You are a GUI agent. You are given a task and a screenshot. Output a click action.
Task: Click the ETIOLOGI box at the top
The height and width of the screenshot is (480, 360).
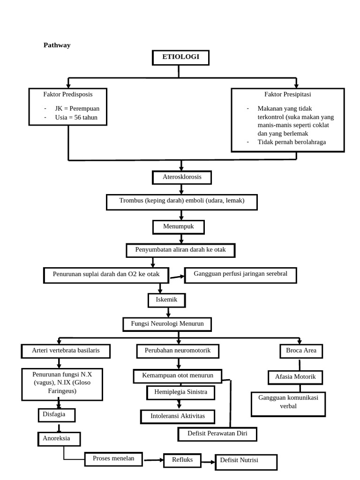pyautogui.click(x=180, y=57)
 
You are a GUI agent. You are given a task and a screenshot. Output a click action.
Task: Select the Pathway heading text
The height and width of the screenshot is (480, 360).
pyautogui.click(x=57, y=45)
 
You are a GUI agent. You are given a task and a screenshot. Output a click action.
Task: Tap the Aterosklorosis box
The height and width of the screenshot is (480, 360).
pyautogui.click(x=181, y=178)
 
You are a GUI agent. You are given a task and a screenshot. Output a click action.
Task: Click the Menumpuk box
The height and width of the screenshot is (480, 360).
pyautogui.click(x=179, y=227)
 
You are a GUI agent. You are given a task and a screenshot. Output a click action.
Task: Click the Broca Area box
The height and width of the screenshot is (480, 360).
pyautogui.click(x=301, y=351)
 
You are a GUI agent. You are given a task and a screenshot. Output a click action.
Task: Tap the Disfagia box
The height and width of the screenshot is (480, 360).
pyautogui.click(x=56, y=415)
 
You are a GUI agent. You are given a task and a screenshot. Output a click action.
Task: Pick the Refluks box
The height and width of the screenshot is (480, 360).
pyautogui.click(x=182, y=460)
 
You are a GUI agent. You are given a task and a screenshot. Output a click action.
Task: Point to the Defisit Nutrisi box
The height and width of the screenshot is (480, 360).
pyautogui.click(x=246, y=461)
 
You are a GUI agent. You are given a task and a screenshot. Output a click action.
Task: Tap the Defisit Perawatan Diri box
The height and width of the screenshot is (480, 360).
pyautogui.click(x=218, y=435)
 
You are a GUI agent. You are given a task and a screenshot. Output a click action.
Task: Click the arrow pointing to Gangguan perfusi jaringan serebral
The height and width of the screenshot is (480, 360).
pyautogui.click(x=176, y=277)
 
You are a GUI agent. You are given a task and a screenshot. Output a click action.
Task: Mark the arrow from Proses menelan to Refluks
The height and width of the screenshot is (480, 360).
pyautogui.click(x=153, y=460)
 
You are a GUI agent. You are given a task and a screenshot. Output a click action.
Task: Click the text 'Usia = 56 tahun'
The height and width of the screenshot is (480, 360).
pyautogui.click(x=76, y=118)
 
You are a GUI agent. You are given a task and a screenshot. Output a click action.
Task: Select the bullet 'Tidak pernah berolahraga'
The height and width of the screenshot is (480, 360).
pyautogui.click(x=292, y=142)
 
